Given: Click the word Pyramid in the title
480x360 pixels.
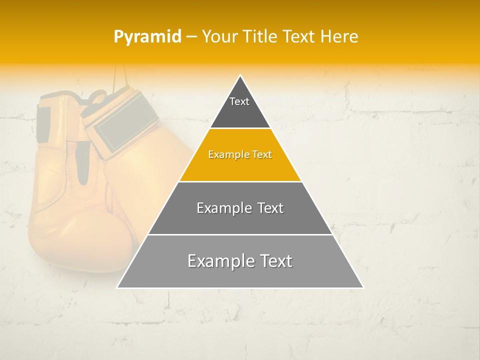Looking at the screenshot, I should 147,37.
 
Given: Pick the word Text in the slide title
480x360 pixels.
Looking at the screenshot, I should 299,37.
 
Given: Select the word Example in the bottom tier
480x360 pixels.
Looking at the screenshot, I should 219,261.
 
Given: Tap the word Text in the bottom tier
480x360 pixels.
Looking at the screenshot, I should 275,261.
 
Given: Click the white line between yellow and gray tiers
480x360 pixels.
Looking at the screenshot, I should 240,181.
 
